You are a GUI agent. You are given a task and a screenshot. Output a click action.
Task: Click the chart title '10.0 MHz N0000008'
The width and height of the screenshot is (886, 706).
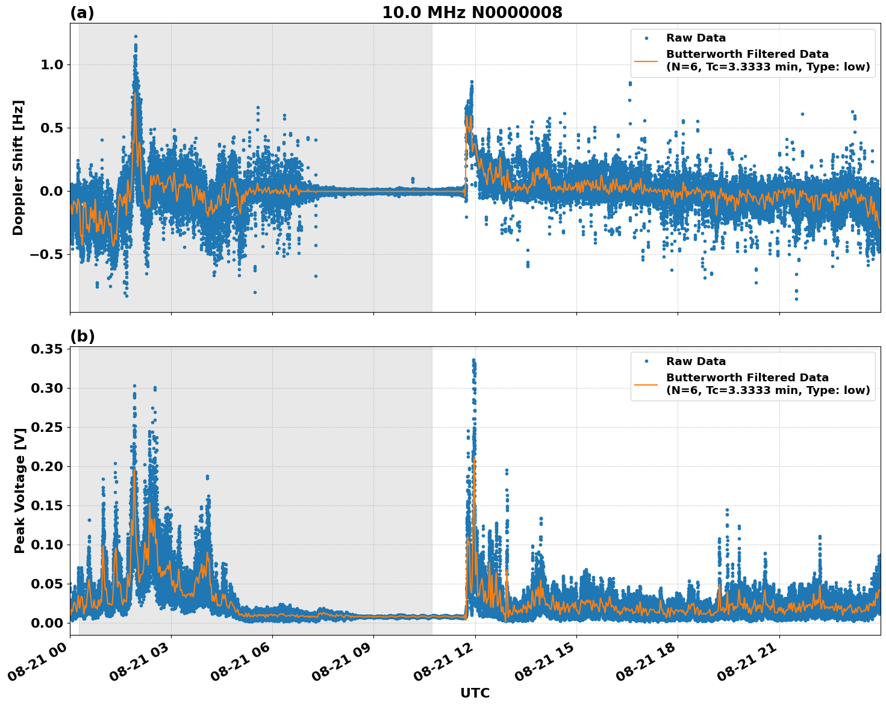[472, 13]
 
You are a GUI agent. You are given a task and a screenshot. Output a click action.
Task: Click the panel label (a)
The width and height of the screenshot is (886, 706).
[82, 13]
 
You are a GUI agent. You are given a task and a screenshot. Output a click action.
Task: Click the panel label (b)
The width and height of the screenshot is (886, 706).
[82, 336]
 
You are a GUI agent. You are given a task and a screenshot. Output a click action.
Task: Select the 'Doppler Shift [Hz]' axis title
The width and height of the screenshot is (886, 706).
[18, 167]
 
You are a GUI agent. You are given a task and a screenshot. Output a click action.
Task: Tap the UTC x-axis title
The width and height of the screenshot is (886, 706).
[475, 693]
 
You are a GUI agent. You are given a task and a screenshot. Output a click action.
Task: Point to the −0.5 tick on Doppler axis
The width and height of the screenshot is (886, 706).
[42, 254]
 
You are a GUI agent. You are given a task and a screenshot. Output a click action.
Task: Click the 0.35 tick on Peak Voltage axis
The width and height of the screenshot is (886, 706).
[46, 349]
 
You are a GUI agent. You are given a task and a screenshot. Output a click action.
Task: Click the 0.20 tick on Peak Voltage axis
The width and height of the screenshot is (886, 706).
[46, 466]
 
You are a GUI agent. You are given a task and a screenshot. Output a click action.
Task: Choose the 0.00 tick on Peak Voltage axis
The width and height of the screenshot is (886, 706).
[46, 623]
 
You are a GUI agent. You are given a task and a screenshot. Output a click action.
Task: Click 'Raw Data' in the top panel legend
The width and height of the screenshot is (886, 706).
[696, 39]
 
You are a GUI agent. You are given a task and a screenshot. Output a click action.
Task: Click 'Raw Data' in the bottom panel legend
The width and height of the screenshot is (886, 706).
[696, 361]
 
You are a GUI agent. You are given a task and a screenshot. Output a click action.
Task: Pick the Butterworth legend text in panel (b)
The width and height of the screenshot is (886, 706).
[767, 384]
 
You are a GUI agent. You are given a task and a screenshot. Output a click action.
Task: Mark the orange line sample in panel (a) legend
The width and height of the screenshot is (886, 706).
[646, 61]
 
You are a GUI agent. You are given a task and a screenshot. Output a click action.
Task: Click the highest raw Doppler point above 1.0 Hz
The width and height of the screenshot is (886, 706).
[136, 37]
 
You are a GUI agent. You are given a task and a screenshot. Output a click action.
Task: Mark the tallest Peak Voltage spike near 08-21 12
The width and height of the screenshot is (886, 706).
[473, 360]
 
